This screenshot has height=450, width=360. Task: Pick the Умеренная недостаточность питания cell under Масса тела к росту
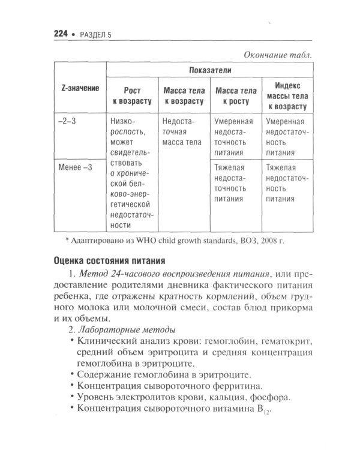click(x=234, y=137)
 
